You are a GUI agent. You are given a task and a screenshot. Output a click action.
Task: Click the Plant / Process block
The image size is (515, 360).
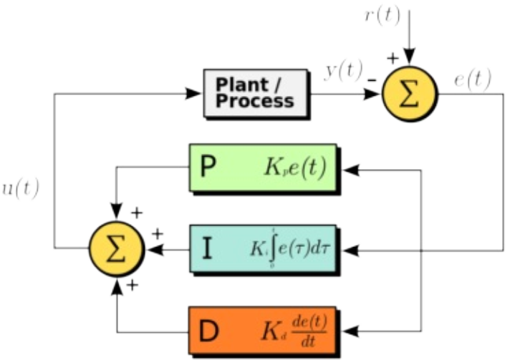point(255,93)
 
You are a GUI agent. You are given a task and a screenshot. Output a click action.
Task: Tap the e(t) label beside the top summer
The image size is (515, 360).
point(473,79)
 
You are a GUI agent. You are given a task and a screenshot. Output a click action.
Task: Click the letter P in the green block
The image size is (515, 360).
point(208,169)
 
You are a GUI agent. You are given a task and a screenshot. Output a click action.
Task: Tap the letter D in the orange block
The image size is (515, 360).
point(208,331)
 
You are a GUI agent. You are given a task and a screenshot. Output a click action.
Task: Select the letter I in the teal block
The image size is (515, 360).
point(208,250)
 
